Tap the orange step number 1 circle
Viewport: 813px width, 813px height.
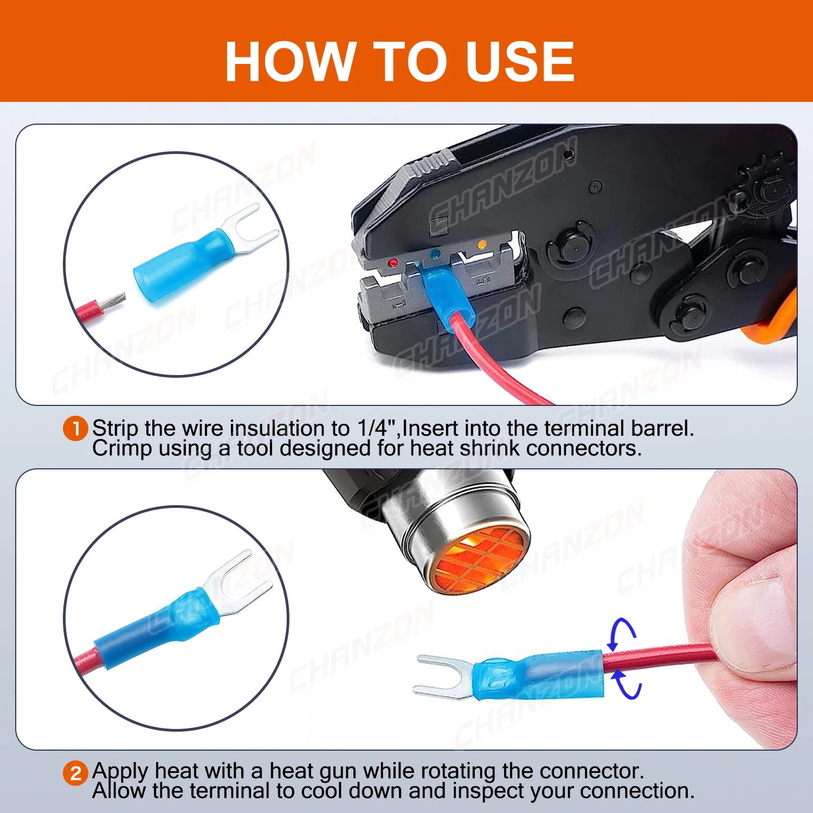point(75,429)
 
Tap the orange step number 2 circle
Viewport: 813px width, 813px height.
point(75,773)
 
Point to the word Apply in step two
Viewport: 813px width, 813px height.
point(120,771)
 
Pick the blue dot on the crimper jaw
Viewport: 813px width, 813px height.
point(434,253)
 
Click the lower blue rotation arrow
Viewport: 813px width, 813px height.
point(629,685)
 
